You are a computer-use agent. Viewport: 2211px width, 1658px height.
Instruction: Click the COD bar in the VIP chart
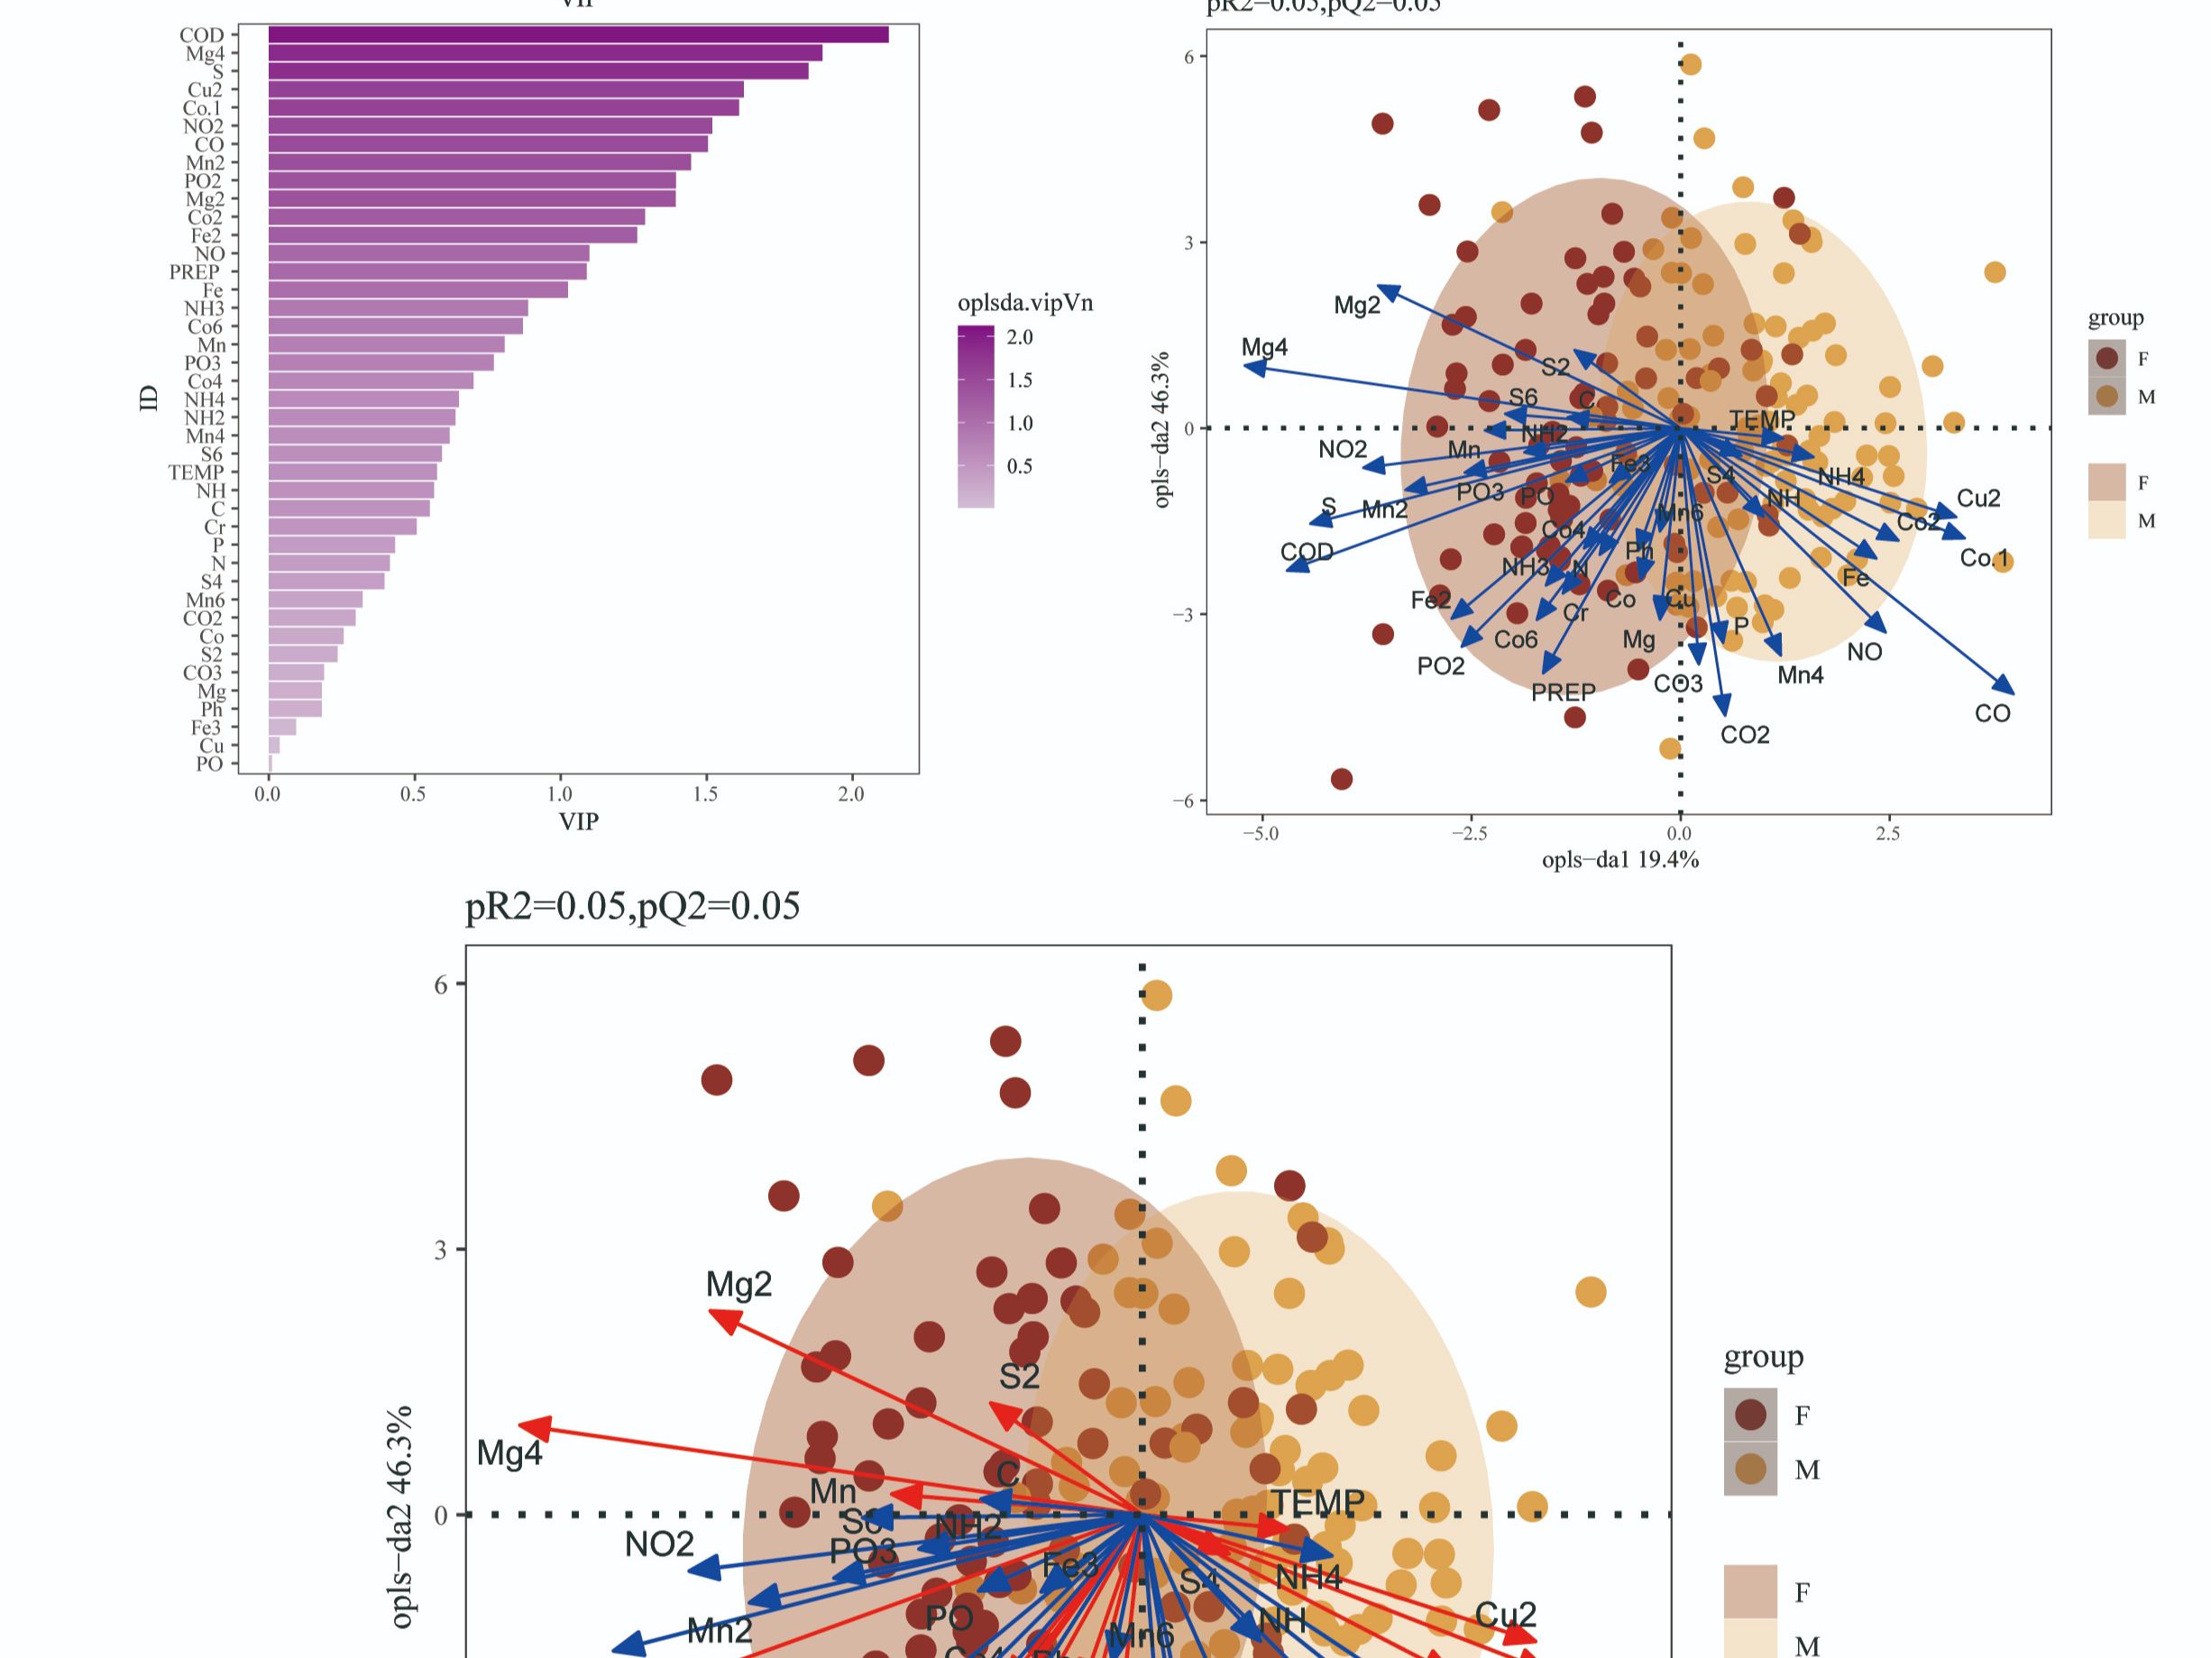click(578, 35)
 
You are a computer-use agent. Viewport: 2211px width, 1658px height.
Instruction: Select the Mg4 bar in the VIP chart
click(545, 53)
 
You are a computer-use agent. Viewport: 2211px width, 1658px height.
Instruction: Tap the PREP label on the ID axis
click(194, 272)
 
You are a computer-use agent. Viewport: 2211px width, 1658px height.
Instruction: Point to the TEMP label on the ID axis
click(196, 472)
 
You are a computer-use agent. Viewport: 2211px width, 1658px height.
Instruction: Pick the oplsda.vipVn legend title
click(1024, 303)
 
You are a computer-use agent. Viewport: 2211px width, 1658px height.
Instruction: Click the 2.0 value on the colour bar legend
click(1020, 338)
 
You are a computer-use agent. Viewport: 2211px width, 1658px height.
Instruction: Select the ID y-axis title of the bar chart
click(149, 398)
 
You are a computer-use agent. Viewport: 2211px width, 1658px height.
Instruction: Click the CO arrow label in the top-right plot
click(1992, 713)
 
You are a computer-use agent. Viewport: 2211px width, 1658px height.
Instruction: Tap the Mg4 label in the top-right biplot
click(1264, 348)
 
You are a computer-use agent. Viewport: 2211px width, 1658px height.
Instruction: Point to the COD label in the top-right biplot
click(1307, 553)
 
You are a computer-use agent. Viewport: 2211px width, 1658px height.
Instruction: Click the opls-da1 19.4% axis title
click(1619, 860)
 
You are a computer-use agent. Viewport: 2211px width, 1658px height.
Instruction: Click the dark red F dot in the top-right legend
click(2107, 358)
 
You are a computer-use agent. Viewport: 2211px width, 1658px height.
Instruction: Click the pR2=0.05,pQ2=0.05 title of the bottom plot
click(632, 906)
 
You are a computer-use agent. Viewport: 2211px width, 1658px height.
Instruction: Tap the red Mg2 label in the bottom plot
click(739, 1284)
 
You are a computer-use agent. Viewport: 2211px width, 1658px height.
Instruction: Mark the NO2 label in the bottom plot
click(659, 1545)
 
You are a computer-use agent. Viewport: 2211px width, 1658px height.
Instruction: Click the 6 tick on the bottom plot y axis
click(441, 985)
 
